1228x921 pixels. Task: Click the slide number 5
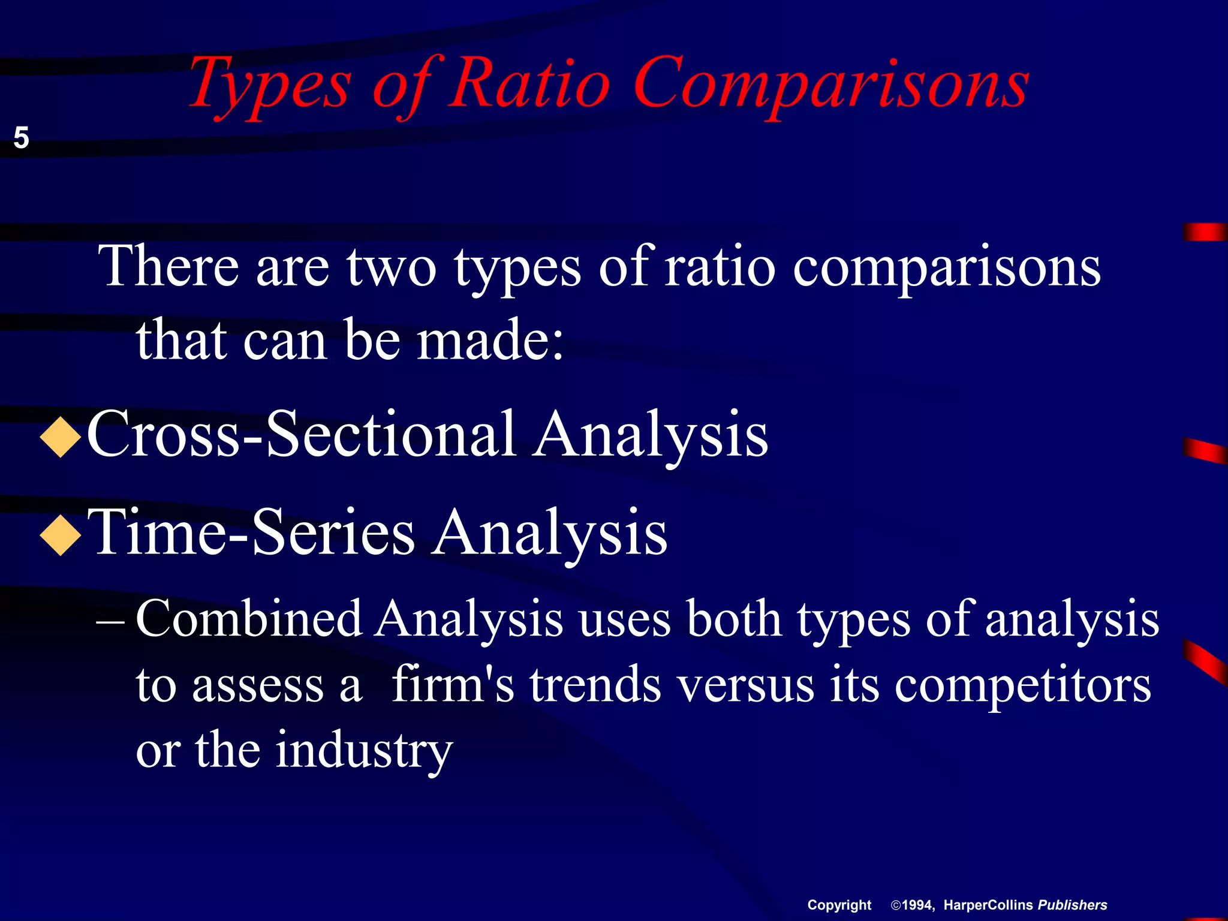pyautogui.click(x=21, y=138)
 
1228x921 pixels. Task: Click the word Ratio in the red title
pyautogui.click(x=530, y=84)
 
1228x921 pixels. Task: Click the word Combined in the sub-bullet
pyautogui.click(x=249, y=619)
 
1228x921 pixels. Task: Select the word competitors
pyautogui.click(x=1022, y=685)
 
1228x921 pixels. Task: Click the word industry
pyautogui.click(x=364, y=751)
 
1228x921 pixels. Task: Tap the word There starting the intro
pyautogui.click(x=168, y=266)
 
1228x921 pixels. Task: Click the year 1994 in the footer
pyautogui.click(x=917, y=905)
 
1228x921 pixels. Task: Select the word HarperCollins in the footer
pyautogui.click(x=988, y=905)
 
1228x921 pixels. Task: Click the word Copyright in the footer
pyautogui.click(x=839, y=905)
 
